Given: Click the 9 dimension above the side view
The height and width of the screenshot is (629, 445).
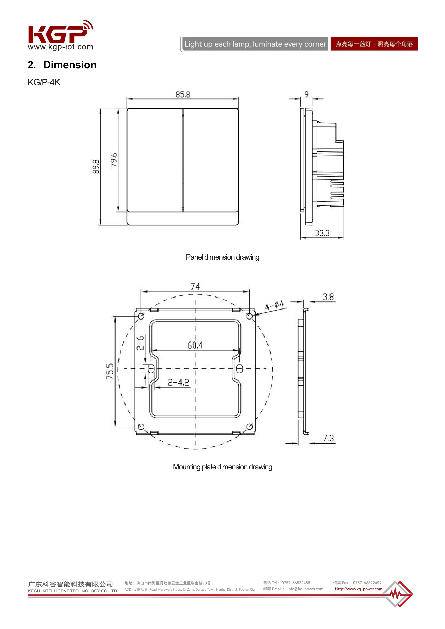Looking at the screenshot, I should coord(306,94).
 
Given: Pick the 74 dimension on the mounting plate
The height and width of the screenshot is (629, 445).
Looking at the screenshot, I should coord(195,287).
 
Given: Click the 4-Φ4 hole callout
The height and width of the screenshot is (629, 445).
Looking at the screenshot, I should coord(274,305).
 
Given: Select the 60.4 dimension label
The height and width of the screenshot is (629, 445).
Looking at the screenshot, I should coord(195,345).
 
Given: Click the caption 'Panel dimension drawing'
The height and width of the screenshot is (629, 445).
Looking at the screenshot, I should coord(223,257).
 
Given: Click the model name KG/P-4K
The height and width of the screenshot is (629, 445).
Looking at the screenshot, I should coord(44,82).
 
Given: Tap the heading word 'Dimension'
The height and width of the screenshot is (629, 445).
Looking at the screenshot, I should coord(70,65).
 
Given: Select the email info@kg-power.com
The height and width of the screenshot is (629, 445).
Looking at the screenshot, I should coord(305,589).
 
